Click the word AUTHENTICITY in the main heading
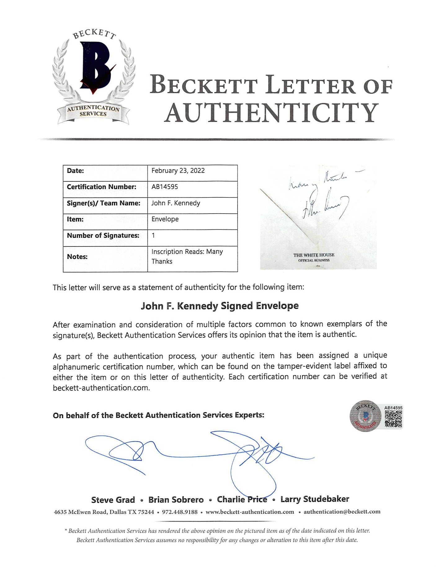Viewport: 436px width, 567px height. [271, 113]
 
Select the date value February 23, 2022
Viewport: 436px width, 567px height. [178, 171]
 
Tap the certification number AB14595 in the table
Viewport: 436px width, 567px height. [165, 187]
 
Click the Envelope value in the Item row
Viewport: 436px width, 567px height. [165, 219]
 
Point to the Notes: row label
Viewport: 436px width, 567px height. [77, 257]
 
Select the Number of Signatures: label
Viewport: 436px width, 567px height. [103, 236]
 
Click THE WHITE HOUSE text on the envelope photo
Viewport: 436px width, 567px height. [314, 255]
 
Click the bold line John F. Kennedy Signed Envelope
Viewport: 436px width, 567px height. [220, 306]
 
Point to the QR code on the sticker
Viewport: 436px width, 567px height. [393, 419]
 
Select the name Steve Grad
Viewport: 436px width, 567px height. [113, 500]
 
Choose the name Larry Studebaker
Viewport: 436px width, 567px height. [315, 499]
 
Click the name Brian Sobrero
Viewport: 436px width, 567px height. [176, 500]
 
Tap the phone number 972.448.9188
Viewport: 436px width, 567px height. [180, 512]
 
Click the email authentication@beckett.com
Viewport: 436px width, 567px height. [342, 512]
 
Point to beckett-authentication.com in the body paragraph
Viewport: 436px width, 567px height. [101, 388]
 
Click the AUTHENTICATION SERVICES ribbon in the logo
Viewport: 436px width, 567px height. [93, 111]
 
